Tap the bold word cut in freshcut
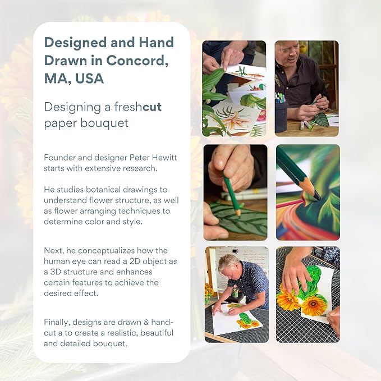click(x=152, y=107)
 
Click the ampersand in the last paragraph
click(x=146, y=322)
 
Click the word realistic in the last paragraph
click(x=122, y=333)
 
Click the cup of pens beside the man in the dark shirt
click(x=281, y=114)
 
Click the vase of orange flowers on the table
click(x=209, y=293)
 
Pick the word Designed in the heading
click(x=76, y=43)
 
